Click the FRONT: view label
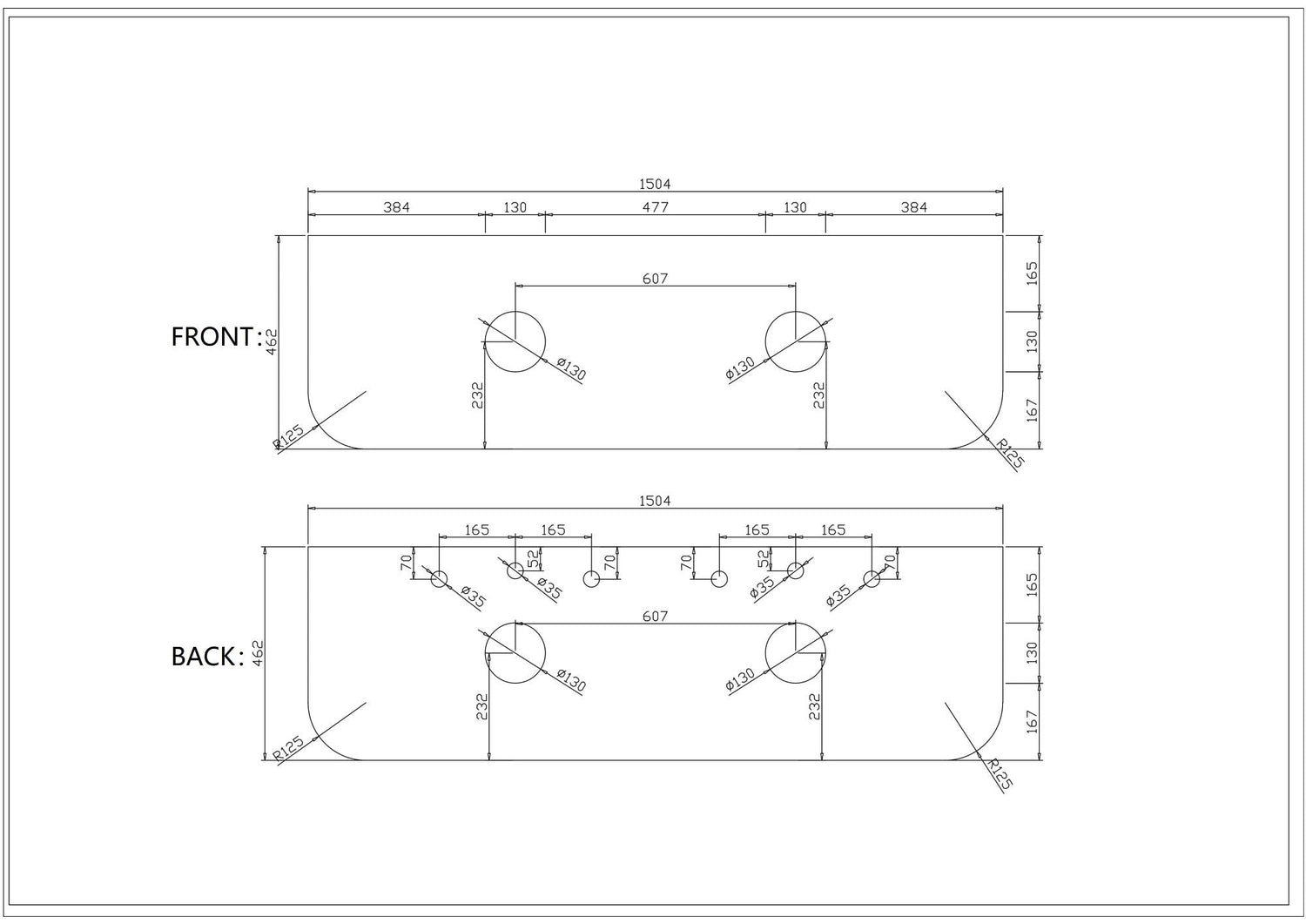[x=216, y=337]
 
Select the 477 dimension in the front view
[x=655, y=207]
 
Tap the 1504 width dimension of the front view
[x=655, y=184]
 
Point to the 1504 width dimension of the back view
[x=655, y=501]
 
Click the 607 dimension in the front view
[x=655, y=279]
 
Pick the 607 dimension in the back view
[x=655, y=617]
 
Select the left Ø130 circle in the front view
[x=515, y=341]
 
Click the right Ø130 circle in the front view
[x=795, y=341]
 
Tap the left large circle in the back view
[x=515, y=653]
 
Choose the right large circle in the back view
[x=795, y=653]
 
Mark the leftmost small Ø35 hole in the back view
[x=439, y=579]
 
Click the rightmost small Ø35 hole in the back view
[x=872, y=579]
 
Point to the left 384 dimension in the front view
[x=396, y=207]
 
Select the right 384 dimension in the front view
[x=914, y=207]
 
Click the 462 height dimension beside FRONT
[x=272, y=340]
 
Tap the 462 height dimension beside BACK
[x=258, y=653]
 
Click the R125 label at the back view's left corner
[x=288, y=749]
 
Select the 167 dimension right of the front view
[x=1033, y=410]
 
